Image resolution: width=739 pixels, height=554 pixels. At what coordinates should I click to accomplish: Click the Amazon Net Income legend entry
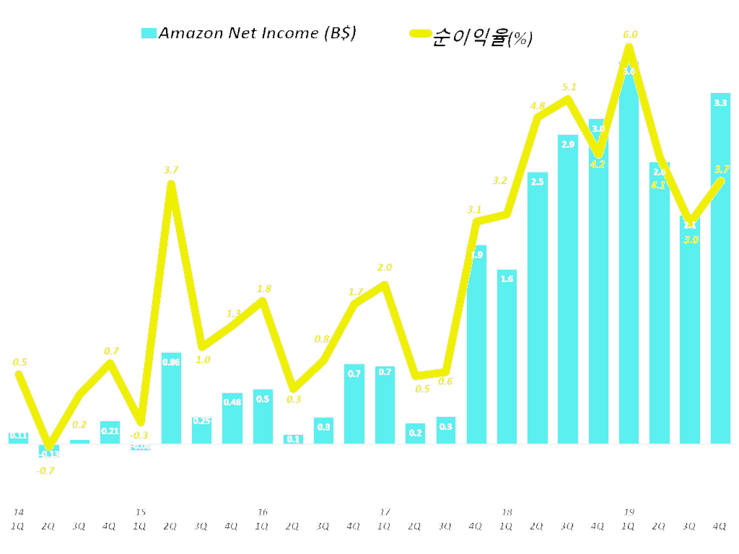coord(248,33)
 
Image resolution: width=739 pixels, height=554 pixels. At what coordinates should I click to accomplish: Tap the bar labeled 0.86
coord(171,398)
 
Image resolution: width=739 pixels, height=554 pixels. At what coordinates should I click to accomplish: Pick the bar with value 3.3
coord(720,268)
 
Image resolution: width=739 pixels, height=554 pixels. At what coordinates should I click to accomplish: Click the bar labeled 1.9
coord(476,345)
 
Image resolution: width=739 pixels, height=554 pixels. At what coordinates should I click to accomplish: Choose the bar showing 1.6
coord(507,356)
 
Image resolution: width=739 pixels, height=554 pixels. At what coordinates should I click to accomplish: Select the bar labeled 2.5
coord(537,308)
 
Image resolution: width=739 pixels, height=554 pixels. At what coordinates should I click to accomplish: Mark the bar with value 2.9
coord(568,289)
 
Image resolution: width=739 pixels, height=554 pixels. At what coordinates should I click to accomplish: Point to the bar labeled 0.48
coord(232,418)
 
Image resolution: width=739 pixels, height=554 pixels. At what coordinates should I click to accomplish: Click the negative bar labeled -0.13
coord(49,449)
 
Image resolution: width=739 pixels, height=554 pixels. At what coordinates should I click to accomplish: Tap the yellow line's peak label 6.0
coord(630,34)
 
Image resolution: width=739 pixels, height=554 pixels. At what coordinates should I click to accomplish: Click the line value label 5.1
coord(569,87)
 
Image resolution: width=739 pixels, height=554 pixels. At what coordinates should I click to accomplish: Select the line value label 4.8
coord(538,105)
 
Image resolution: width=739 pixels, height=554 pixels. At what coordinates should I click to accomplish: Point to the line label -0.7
coord(47,470)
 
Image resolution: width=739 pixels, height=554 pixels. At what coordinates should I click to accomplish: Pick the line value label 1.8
coord(264,289)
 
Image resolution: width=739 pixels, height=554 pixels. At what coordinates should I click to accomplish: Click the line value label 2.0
coord(385,267)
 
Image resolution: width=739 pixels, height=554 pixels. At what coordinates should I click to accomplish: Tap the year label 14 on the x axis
coord(19,512)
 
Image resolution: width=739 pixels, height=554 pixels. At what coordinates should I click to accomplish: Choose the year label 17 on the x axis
coord(385,512)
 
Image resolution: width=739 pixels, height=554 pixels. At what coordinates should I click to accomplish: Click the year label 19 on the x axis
coord(629,512)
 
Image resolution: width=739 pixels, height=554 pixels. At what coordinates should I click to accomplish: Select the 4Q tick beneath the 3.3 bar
coord(720,527)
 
